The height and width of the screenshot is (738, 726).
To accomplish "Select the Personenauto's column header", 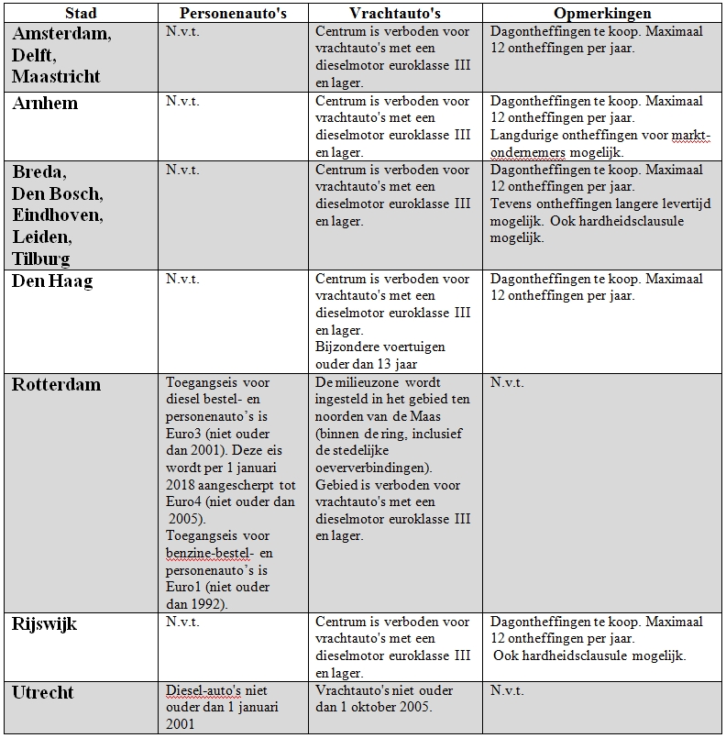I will pyautogui.click(x=231, y=14).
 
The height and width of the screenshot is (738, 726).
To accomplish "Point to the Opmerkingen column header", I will pyautogui.click(x=602, y=14).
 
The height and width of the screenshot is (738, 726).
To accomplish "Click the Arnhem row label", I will pyautogui.click(x=45, y=103).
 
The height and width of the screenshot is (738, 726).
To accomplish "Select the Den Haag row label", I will pyautogui.click(x=52, y=281).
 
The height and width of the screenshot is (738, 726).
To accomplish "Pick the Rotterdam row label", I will pyautogui.click(x=56, y=384).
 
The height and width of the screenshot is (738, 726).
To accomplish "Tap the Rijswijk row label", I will pyautogui.click(x=44, y=623).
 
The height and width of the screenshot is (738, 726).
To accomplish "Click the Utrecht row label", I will pyautogui.click(x=44, y=692).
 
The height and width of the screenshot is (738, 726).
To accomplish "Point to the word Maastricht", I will pyautogui.click(x=56, y=75).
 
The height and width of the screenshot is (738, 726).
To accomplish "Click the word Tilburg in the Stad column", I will pyautogui.click(x=41, y=258).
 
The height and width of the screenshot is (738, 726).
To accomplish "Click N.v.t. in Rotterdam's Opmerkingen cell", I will pyautogui.click(x=507, y=381).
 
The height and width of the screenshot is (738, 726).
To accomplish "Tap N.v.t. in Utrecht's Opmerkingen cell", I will pyautogui.click(x=507, y=689).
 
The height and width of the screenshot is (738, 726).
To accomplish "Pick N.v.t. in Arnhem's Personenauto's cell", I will pyautogui.click(x=182, y=101).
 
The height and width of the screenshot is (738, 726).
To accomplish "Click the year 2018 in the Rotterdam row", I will pyautogui.click(x=181, y=484).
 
